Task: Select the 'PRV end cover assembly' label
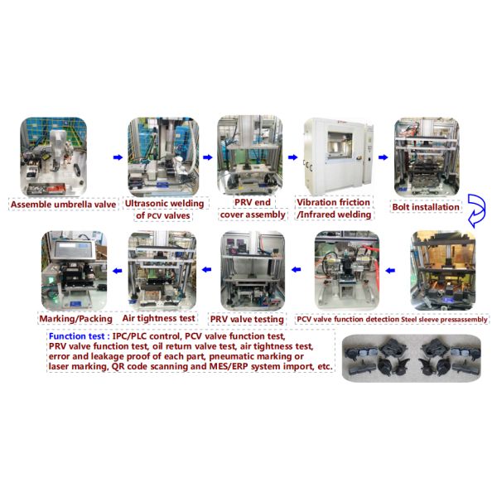[249, 209]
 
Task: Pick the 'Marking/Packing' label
[73, 318]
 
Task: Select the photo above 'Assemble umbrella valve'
[54, 155]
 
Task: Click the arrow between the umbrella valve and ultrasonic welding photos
[117, 156]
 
